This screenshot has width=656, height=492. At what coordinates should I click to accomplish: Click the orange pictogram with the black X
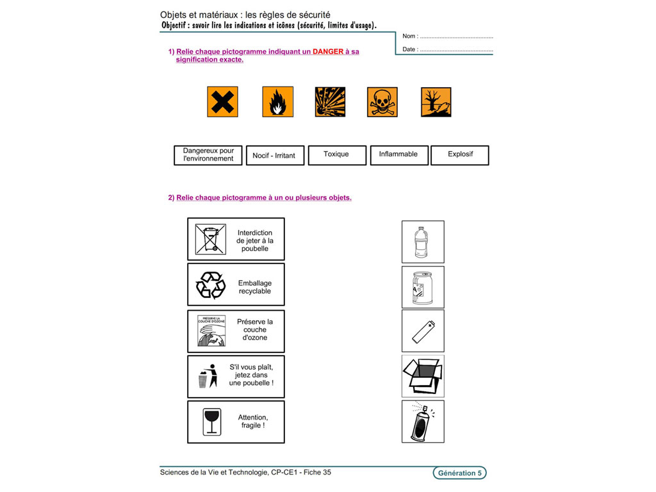click(222, 102)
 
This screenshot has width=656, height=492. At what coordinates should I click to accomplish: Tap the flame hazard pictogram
click(277, 102)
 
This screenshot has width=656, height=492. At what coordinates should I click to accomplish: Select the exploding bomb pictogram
click(330, 102)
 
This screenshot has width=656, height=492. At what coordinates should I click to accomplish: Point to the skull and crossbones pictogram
click(382, 102)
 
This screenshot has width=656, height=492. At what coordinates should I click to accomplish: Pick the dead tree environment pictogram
click(436, 102)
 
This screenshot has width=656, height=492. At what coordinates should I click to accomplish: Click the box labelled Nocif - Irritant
click(274, 155)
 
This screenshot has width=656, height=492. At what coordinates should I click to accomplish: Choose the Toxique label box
click(336, 154)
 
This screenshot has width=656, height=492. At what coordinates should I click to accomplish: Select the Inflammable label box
click(398, 154)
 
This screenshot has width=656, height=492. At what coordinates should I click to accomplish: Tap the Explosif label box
click(459, 154)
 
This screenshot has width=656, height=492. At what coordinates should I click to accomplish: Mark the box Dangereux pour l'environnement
click(208, 154)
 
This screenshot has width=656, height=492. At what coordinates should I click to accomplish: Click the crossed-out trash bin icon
click(211, 239)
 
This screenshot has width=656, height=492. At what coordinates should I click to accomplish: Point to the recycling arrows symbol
click(211, 285)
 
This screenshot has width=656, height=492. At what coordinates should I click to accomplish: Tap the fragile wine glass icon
click(211, 422)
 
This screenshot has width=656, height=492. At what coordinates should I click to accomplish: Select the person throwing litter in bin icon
click(208, 376)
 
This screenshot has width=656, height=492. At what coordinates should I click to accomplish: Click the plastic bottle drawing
click(422, 242)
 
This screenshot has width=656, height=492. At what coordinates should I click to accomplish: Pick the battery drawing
click(422, 331)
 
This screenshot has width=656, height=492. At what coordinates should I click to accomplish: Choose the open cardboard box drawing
click(422, 376)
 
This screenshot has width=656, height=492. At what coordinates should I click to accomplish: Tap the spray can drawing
click(422, 422)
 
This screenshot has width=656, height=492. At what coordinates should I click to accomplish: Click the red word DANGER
click(328, 51)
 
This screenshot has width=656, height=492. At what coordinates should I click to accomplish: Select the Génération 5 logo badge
click(459, 473)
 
